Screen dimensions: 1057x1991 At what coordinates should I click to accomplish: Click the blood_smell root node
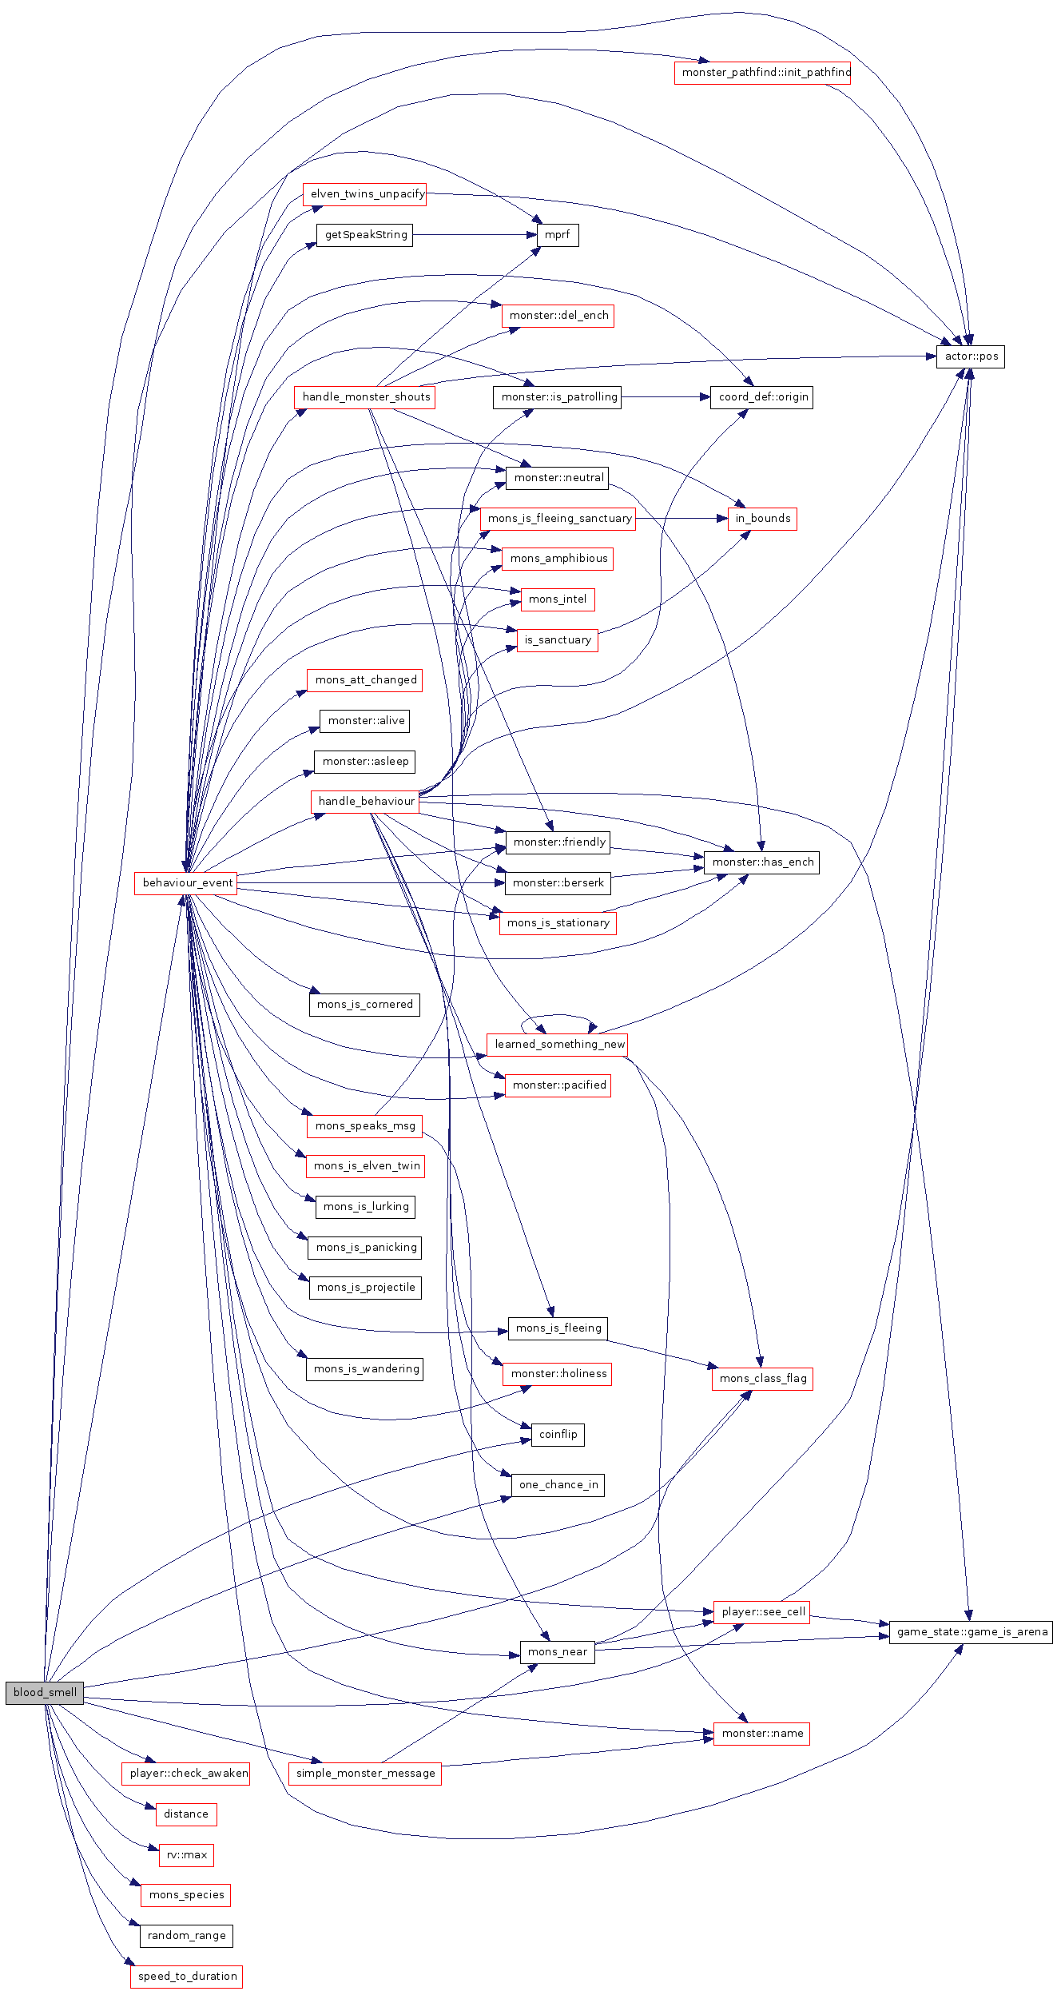pos(45,1692)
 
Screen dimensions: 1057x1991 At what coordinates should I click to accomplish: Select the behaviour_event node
pos(187,882)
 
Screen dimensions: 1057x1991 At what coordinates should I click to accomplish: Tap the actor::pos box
pos(971,356)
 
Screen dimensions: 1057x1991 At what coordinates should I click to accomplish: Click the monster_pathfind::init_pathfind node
pos(762,73)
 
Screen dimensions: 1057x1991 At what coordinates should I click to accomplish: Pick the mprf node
pos(558,235)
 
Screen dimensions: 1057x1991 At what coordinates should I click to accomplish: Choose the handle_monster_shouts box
pos(365,397)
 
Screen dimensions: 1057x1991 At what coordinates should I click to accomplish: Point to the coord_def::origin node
pos(762,397)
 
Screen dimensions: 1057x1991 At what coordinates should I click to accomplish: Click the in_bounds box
pos(762,519)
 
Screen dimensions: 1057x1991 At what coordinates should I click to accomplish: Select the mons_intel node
pos(558,599)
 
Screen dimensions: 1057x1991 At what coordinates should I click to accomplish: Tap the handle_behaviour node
pos(365,802)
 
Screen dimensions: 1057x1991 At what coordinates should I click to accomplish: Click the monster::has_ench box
pos(762,862)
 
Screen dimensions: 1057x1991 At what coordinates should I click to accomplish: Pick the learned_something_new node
pos(558,1045)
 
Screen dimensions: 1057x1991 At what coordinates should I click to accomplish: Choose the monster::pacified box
pos(558,1085)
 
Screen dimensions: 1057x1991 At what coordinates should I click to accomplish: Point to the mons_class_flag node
pos(762,1379)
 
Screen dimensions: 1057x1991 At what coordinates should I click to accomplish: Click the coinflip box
pos(558,1435)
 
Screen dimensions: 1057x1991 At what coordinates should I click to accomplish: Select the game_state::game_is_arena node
pos(971,1632)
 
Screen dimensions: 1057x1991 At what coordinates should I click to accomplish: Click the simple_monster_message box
pos(365,1774)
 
